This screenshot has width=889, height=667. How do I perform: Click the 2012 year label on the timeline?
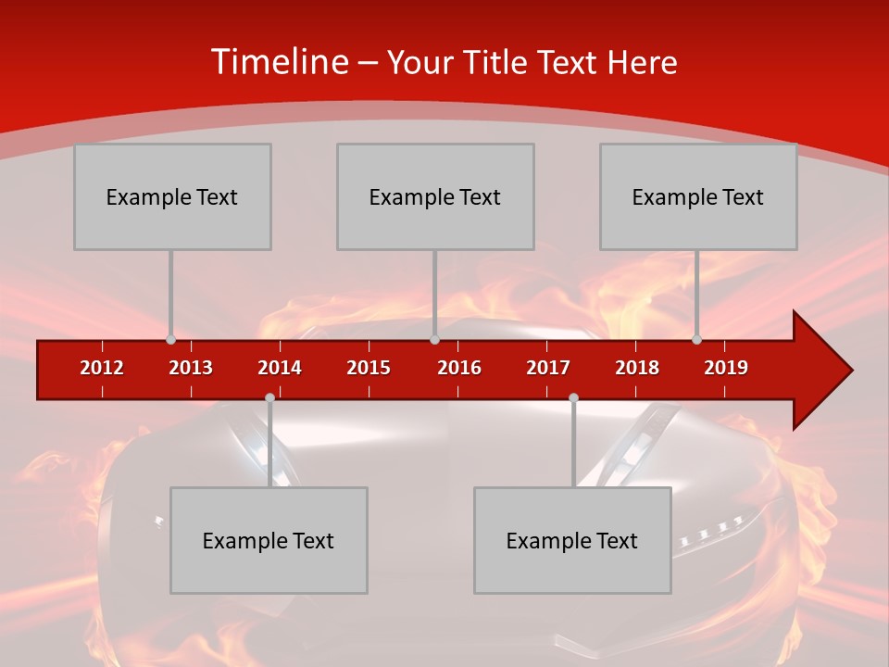(x=102, y=368)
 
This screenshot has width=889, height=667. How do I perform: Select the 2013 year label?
(x=191, y=368)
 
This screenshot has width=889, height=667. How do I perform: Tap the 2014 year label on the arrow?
(x=280, y=368)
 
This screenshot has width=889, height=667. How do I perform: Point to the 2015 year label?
(x=369, y=368)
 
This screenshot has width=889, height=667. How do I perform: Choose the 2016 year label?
(x=459, y=368)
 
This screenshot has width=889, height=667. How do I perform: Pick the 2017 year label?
(x=548, y=368)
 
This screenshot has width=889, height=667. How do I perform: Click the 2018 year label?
(x=637, y=368)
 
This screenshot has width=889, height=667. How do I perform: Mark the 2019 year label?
(x=726, y=368)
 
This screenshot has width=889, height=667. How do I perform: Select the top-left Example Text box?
(x=172, y=196)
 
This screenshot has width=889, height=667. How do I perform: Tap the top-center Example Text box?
(x=435, y=196)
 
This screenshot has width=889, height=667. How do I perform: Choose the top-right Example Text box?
(x=698, y=196)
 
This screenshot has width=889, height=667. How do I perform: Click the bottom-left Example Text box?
(x=269, y=540)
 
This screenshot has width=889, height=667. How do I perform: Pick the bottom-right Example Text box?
(x=572, y=540)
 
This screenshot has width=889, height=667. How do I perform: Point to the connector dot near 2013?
(x=170, y=340)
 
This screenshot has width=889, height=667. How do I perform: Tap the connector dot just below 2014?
(x=269, y=397)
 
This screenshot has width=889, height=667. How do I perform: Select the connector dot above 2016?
(x=434, y=340)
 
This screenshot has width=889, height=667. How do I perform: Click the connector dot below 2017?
(x=573, y=397)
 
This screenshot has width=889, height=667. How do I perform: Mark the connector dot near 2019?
(x=696, y=340)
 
